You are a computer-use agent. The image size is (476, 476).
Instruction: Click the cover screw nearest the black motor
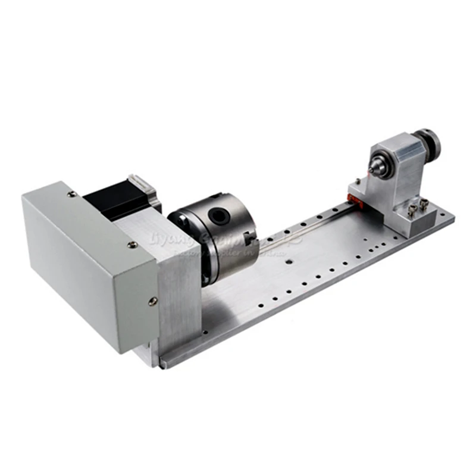pos(71,194)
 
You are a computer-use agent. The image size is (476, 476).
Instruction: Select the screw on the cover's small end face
pos(153,301)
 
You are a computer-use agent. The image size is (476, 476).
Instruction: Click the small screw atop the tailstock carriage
pos(356,181)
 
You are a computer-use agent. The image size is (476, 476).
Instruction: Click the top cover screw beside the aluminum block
pos(133,244)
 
